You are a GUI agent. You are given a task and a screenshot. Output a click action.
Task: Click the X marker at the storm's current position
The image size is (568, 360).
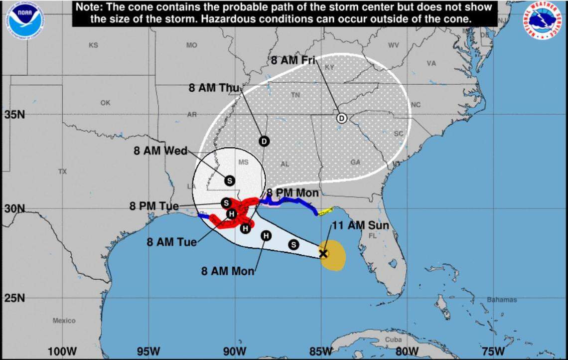pyautogui.click(x=323, y=253)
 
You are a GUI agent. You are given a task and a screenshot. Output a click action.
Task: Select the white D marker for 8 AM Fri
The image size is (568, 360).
pyautogui.click(x=341, y=118)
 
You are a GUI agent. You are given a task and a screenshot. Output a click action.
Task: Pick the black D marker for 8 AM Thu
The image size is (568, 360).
pyautogui.click(x=264, y=141)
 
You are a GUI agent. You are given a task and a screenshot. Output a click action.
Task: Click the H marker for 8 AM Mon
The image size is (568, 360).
pyautogui.click(x=266, y=235)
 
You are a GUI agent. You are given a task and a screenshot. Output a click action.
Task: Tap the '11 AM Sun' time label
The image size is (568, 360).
pyautogui.click(x=360, y=225)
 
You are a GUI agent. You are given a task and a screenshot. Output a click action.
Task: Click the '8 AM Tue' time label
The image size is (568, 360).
pyautogui.click(x=171, y=242)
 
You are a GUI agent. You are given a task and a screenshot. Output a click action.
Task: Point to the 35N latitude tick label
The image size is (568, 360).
pyautogui.click(x=14, y=115)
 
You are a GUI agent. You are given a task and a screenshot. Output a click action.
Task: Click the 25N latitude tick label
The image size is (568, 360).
pyautogui.click(x=14, y=298)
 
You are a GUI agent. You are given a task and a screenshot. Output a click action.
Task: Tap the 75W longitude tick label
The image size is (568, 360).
pyautogui.click(x=493, y=352)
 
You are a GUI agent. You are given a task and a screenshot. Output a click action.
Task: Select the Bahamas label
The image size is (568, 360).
pyautogui.click(x=502, y=300)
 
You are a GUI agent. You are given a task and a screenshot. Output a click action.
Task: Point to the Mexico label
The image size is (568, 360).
pyautogui.click(x=64, y=321)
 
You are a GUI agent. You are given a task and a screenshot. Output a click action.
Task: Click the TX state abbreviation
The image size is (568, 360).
pyautogui.click(x=62, y=171)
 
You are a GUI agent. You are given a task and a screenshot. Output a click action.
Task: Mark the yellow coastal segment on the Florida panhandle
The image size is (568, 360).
pyautogui.click(x=325, y=211)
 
